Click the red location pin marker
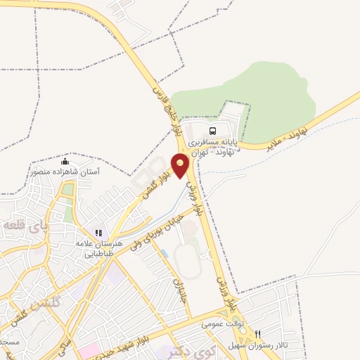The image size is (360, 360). point(181,166)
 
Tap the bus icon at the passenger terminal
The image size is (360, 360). point(212,131)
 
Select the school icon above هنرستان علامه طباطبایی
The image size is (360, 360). point(99,233)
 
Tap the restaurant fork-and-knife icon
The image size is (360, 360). point(258,335)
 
